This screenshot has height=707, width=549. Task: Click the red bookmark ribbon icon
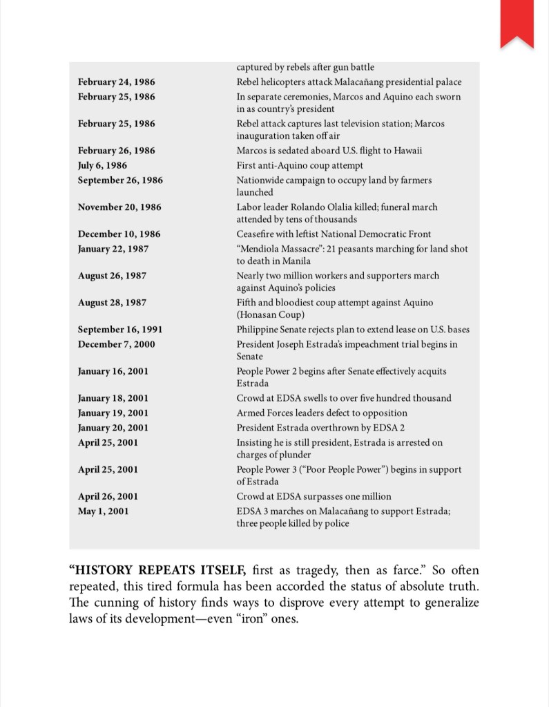click(517, 22)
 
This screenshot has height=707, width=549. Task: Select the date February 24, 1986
click(116, 82)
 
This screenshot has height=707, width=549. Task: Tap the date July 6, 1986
click(102, 166)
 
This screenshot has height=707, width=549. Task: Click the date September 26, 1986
click(120, 180)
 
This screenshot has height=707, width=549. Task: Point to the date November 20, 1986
click(119, 207)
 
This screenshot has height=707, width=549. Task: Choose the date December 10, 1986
click(119, 234)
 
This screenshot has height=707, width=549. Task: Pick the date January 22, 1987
click(113, 249)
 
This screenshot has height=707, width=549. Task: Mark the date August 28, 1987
click(112, 303)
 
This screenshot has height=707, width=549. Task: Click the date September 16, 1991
click(120, 330)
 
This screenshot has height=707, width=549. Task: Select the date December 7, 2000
click(116, 344)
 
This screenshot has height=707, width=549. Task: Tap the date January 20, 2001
click(113, 428)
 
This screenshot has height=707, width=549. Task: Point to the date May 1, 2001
click(103, 511)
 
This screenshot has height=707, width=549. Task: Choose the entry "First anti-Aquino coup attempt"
click(299, 166)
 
